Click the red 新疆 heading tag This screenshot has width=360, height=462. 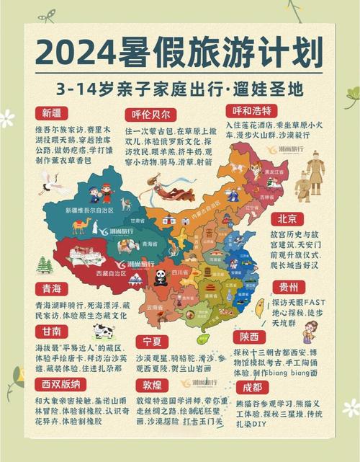(x=51, y=113)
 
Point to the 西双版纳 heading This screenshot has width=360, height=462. (x=61, y=384)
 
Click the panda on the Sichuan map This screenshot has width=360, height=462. (x=160, y=277)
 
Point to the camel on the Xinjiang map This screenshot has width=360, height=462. (x=81, y=226)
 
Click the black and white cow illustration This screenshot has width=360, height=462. (x=102, y=330)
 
